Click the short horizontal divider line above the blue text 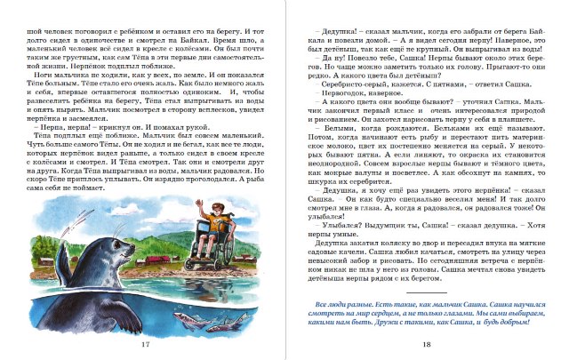(x=426, y=292)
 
